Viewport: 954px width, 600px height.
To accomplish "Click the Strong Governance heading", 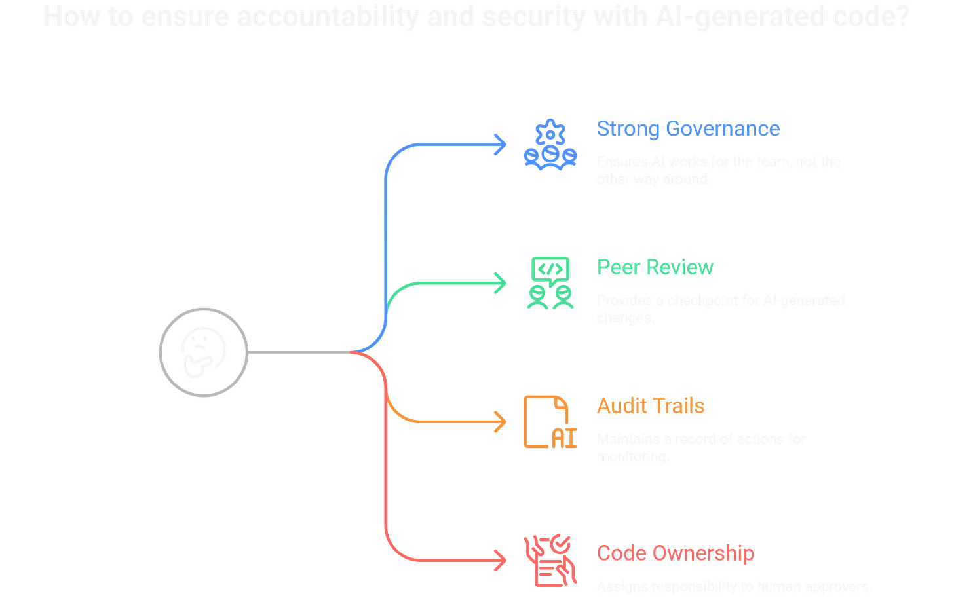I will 688,128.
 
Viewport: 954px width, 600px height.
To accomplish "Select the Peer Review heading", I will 655,267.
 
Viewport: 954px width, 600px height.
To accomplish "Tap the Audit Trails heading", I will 650,406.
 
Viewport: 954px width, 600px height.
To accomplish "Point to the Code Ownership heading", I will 675,553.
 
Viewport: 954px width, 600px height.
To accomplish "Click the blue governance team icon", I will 550,145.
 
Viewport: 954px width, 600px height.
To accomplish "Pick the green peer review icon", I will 550,283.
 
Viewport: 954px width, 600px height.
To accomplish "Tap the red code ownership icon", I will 550,561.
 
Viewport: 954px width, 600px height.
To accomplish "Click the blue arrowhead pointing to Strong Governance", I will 502,145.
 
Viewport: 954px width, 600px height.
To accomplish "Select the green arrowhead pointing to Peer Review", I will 502,283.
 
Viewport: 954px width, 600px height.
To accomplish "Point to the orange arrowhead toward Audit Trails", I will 502,422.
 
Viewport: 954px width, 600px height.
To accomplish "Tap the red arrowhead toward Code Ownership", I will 502,561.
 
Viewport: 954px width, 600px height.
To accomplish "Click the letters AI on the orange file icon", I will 563,439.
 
